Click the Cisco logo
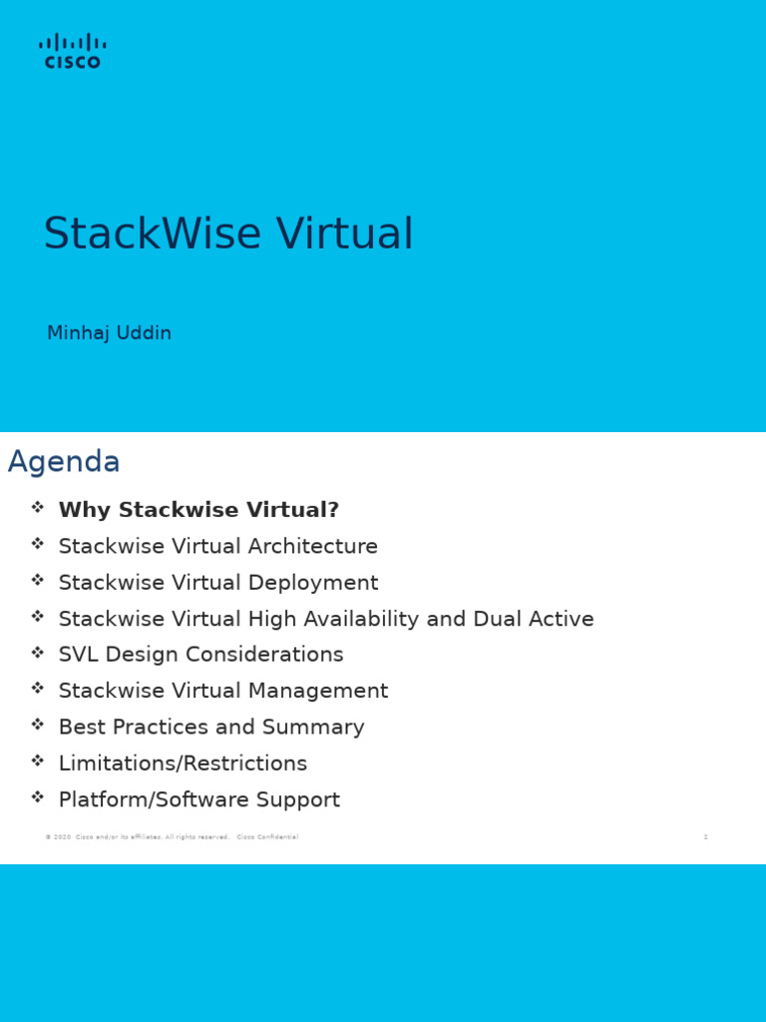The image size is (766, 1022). point(72,51)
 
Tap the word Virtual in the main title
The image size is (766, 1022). point(344,235)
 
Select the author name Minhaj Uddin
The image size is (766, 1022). point(109,333)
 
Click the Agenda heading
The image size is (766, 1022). point(64,462)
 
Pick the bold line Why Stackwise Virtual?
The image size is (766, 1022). point(198,510)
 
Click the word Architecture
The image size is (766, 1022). point(311,547)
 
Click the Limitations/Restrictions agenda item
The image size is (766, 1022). point(183,764)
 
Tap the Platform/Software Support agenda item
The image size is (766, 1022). point(198,799)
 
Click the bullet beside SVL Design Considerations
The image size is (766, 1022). point(38,653)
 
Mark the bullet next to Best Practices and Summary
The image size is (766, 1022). point(38,725)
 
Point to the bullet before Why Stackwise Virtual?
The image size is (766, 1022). point(38,507)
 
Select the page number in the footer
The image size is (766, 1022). point(706,837)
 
